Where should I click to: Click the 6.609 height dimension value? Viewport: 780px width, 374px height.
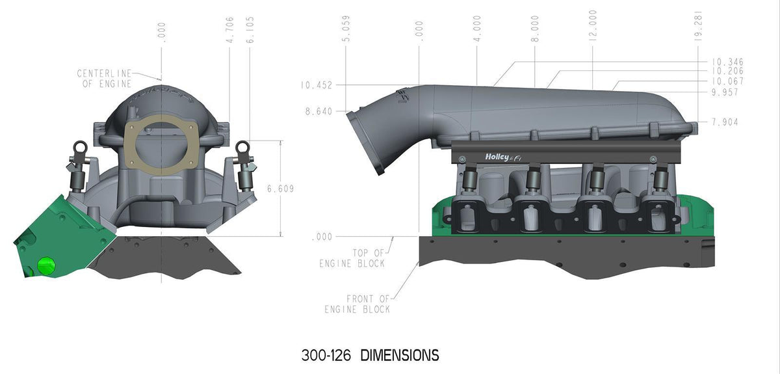(280, 189)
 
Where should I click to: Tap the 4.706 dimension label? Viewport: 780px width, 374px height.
(229, 30)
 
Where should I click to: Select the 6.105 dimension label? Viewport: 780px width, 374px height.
(250, 30)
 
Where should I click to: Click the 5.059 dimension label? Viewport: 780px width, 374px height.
(346, 29)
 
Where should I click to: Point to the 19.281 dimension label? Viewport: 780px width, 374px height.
(698, 26)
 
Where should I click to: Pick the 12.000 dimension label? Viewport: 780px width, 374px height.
(593, 25)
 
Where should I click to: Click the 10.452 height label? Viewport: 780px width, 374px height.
(317, 85)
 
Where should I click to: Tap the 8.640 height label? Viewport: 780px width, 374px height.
(318, 111)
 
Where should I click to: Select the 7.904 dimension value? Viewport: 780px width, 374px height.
(725, 122)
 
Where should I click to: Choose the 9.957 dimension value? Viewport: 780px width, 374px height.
(725, 92)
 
